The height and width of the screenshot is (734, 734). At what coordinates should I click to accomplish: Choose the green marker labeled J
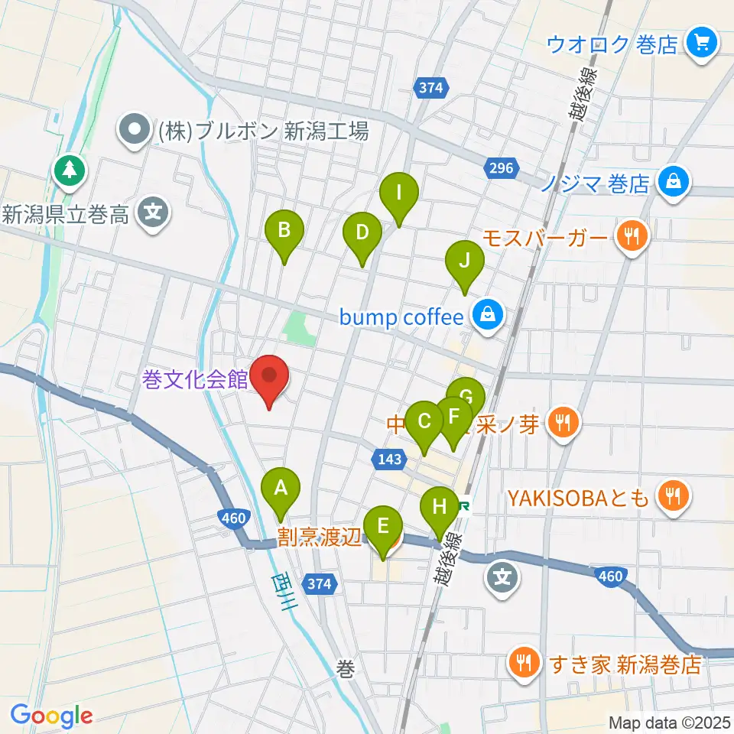(465, 261)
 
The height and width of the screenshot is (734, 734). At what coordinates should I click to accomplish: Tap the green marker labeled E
(382, 526)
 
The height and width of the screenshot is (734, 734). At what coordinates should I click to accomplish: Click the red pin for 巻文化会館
(270, 377)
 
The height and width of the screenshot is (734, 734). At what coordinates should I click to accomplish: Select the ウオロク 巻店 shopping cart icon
(700, 44)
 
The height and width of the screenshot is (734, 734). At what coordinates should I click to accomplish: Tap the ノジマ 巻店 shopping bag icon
(673, 183)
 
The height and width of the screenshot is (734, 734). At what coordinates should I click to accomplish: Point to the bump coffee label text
(403, 317)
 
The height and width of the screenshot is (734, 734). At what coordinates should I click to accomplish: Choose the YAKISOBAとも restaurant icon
(672, 499)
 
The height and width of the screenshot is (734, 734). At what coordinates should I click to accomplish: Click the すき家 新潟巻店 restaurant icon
(524, 663)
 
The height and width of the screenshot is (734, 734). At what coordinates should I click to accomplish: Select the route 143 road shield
(385, 459)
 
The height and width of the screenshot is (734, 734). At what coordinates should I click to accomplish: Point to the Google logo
(52, 716)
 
